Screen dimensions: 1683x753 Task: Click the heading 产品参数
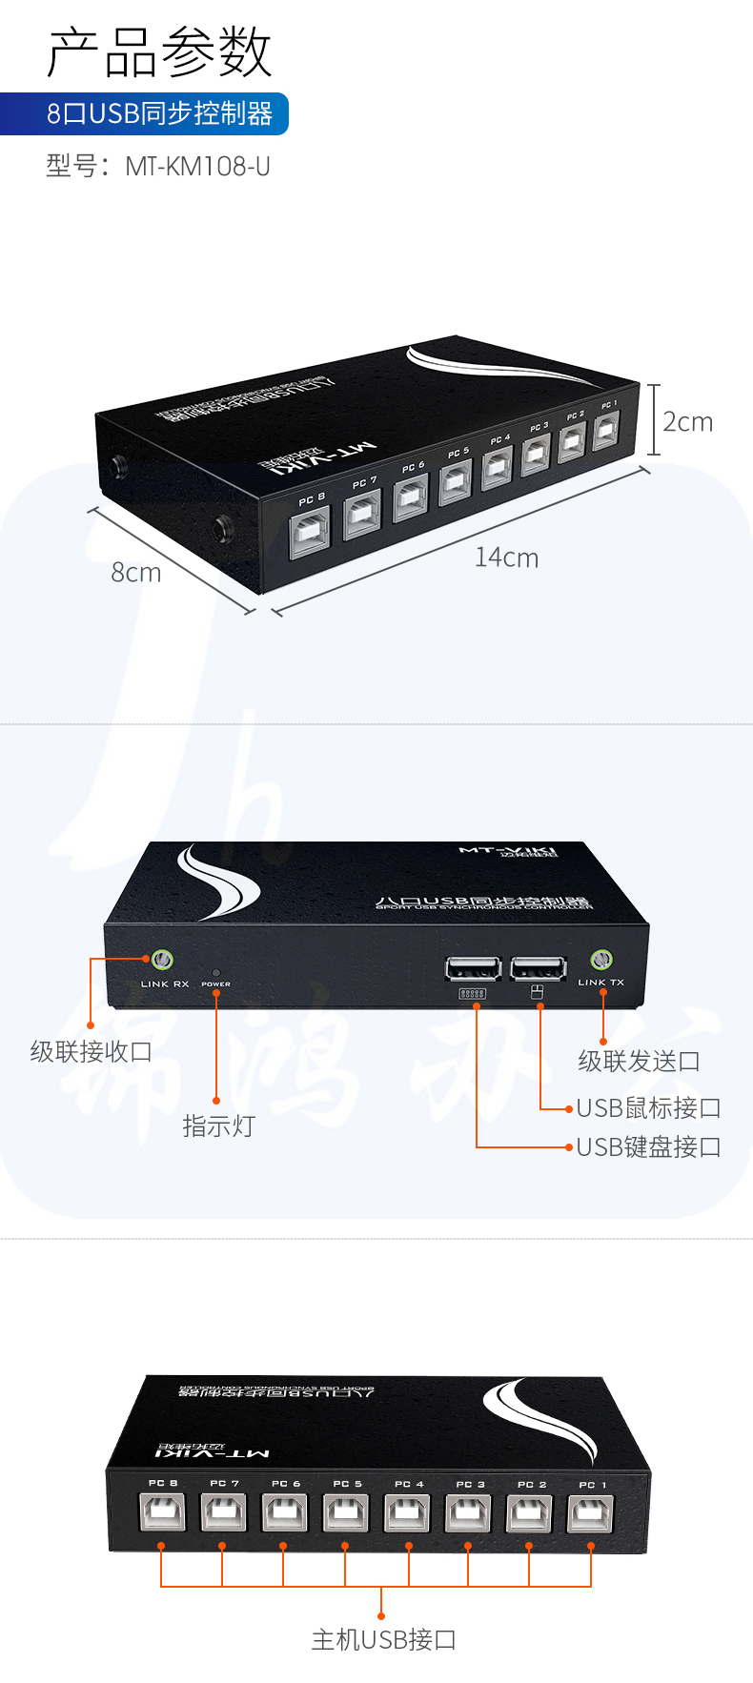coord(159,52)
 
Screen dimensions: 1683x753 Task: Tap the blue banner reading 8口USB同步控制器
coord(159,113)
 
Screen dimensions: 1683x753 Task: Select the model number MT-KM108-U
coord(197,167)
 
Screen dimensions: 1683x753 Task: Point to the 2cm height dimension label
coord(687,421)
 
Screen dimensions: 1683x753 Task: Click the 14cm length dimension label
coord(506,558)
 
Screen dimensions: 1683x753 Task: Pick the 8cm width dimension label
coord(135,573)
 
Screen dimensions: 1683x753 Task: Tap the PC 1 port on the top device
coord(606,429)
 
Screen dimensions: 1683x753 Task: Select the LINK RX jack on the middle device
coord(162,960)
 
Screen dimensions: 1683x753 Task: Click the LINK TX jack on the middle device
coord(600,960)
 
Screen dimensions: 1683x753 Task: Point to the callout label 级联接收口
coord(91,1051)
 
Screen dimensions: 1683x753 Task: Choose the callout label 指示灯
coord(218,1125)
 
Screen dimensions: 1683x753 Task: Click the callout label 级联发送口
coord(639,1061)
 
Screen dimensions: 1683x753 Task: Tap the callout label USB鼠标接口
coord(648,1107)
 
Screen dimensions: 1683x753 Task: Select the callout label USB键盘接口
coord(648,1146)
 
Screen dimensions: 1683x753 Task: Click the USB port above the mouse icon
coord(539,969)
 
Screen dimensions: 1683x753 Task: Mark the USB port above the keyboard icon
coord(473,969)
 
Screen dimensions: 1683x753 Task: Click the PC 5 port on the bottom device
coord(346,1512)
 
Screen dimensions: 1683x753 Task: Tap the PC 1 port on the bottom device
coord(591,1513)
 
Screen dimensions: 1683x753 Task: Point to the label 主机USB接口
coord(383,1639)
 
